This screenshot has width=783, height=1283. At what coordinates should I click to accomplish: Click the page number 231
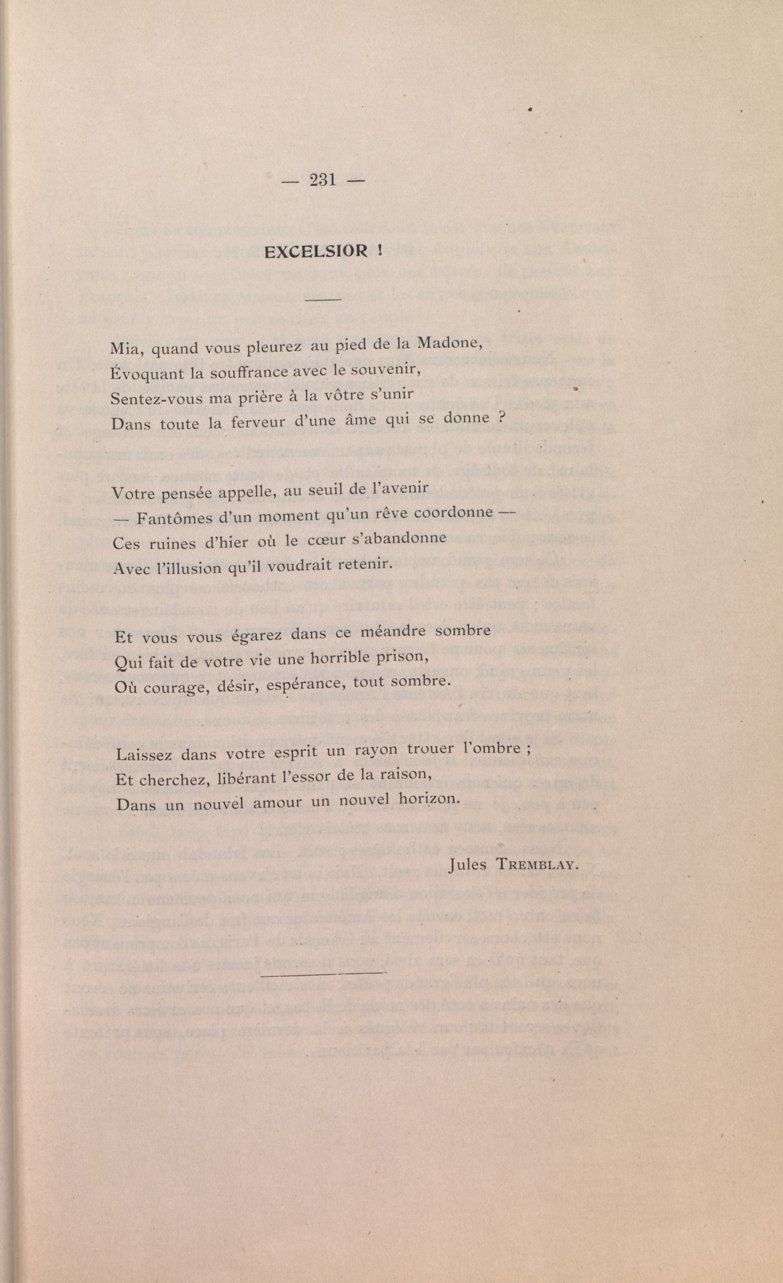[322, 180]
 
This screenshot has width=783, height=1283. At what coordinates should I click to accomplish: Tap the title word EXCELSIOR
[317, 252]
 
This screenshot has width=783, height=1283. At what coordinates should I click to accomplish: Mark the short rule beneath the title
[322, 300]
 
